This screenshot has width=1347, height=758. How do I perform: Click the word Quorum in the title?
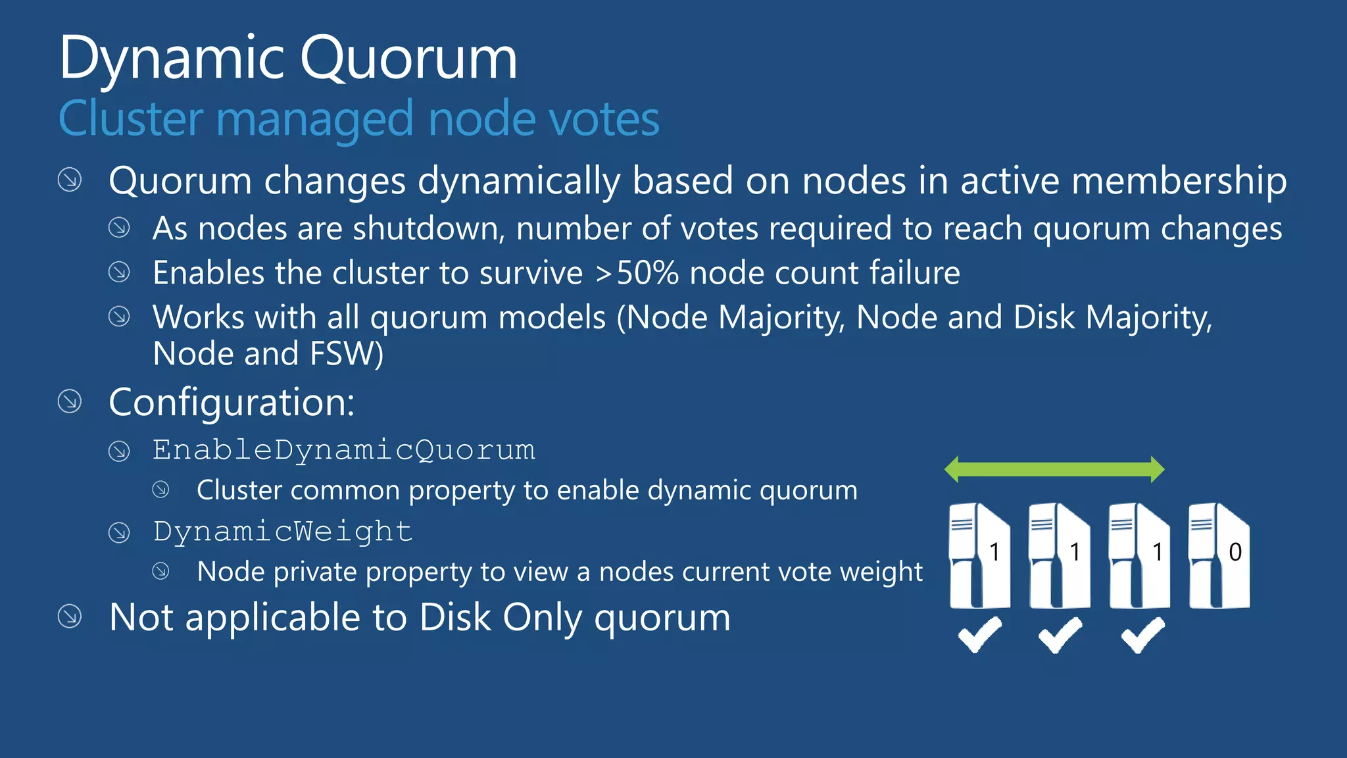click(408, 59)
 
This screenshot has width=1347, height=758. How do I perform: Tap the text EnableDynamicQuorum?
click(344, 450)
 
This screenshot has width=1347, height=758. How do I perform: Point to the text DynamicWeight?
click(283, 532)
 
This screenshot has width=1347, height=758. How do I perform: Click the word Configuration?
click(232, 402)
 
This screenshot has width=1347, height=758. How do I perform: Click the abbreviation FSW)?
click(347, 353)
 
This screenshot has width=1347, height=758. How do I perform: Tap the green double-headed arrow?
click(1054, 469)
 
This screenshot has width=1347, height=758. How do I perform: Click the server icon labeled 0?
click(1219, 555)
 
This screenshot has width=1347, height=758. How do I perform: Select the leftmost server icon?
click(979, 555)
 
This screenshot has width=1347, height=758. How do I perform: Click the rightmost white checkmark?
click(1143, 634)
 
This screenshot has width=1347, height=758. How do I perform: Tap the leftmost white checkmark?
click(980, 634)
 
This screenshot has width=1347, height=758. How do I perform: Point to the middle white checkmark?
click(1060, 634)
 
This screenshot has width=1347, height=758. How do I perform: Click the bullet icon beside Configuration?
click(70, 401)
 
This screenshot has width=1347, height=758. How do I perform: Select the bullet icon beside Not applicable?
click(70, 617)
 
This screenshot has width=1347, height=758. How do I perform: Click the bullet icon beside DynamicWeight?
click(119, 532)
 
